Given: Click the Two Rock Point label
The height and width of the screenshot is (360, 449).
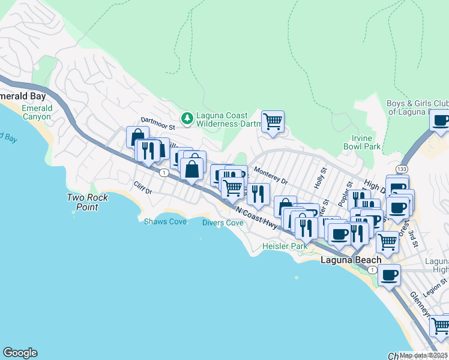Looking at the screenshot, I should [x=87, y=202].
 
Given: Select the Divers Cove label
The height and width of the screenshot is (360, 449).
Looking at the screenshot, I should [x=222, y=223].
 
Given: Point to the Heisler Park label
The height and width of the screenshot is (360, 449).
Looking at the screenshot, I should [x=285, y=246].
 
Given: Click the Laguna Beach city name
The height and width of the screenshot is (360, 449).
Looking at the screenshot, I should [x=351, y=260].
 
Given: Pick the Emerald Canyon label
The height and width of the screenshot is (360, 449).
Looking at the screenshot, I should [x=37, y=112].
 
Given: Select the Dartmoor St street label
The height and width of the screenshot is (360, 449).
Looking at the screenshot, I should [x=157, y=127].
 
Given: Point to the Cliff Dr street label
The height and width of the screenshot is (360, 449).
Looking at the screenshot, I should [x=143, y=188].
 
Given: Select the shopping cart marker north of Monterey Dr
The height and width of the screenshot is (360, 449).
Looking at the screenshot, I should [x=273, y=122].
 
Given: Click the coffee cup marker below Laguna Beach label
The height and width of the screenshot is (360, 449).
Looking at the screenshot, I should [x=390, y=275].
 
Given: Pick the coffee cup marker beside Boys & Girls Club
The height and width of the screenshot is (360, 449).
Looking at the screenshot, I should [x=441, y=120].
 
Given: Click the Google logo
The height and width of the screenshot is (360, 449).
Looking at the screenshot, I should [x=20, y=353].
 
